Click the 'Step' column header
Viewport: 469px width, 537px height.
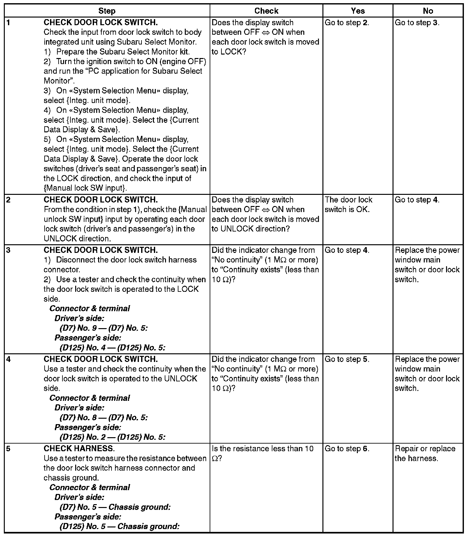point(107,11)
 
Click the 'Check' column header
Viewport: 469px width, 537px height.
point(266,11)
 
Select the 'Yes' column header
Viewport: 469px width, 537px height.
point(357,11)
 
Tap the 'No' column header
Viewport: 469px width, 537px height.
point(428,11)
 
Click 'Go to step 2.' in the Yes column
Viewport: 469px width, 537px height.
point(347,23)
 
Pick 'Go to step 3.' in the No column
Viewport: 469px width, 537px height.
point(417,23)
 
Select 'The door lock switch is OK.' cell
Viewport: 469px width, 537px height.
point(349,204)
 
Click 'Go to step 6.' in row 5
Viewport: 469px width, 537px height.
point(347,449)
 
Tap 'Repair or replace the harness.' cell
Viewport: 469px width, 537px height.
point(425,453)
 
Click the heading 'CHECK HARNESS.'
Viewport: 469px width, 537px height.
point(79,449)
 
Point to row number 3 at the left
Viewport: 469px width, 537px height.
point(8,250)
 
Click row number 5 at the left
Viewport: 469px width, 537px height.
point(8,449)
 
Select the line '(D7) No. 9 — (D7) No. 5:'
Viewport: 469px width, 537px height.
point(104,328)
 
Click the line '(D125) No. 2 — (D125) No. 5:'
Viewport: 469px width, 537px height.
point(112,437)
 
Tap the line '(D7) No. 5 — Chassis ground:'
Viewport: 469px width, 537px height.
point(115,507)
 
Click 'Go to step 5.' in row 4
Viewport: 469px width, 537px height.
point(347,359)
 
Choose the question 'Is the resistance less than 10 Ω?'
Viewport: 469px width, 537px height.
point(263,453)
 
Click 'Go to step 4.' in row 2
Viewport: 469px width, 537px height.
point(417,200)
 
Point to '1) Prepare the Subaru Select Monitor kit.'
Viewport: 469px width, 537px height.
point(117,52)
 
